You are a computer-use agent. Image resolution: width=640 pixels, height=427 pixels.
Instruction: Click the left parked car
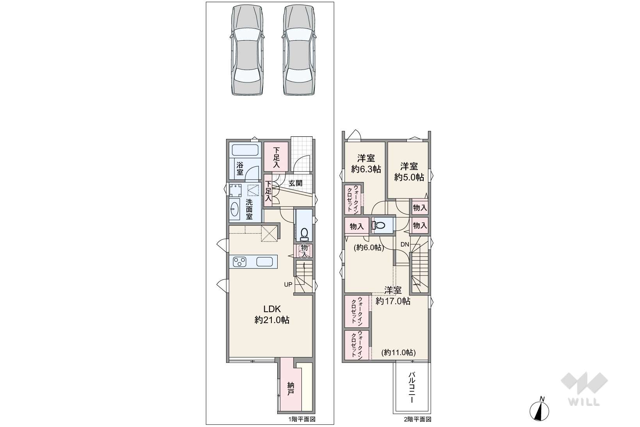pyautogui.click(x=247, y=50)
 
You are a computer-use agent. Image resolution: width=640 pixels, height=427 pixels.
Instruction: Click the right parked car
pyautogui.click(x=299, y=50)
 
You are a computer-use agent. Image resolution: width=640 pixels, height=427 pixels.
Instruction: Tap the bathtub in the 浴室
pyautogui.click(x=245, y=150)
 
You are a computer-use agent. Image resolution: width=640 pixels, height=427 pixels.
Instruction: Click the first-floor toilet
pyautogui.click(x=304, y=234)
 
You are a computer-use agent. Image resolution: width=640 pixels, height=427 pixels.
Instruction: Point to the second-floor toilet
pyautogui.click(x=378, y=225)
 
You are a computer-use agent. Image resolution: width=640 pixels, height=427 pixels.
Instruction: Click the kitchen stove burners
pyautogui.click(x=239, y=262)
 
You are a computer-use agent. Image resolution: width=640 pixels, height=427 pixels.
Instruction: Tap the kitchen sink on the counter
pyautogui.click(x=265, y=262)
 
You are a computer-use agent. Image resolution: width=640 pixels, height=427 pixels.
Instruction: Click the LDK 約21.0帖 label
pyautogui.click(x=272, y=314)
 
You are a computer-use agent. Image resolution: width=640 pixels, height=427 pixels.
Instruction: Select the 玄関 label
pyautogui.click(x=295, y=183)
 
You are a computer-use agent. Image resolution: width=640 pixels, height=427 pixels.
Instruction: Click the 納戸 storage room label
pyautogui.click(x=290, y=389)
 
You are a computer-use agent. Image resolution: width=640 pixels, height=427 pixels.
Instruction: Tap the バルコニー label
pyautogui.click(x=412, y=387)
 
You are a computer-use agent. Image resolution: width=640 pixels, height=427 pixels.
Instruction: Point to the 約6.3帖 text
pyautogui.click(x=366, y=169)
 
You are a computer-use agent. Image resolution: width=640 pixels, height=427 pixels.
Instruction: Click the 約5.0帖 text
pyautogui.click(x=409, y=177)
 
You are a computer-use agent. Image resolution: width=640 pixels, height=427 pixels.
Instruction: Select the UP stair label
pyautogui.click(x=288, y=284)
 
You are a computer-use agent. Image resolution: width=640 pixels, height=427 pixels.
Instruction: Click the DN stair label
pyautogui.click(x=405, y=245)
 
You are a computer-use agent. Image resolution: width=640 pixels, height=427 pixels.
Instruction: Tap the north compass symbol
pyautogui.click(x=539, y=409)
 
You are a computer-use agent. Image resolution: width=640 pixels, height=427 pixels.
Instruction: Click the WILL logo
pyautogui.click(x=584, y=389)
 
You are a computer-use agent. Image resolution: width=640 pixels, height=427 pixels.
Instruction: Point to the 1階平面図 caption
pyautogui.click(x=302, y=419)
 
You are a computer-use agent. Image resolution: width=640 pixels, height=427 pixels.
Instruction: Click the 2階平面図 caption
pyautogui.click(x=417, y=419)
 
